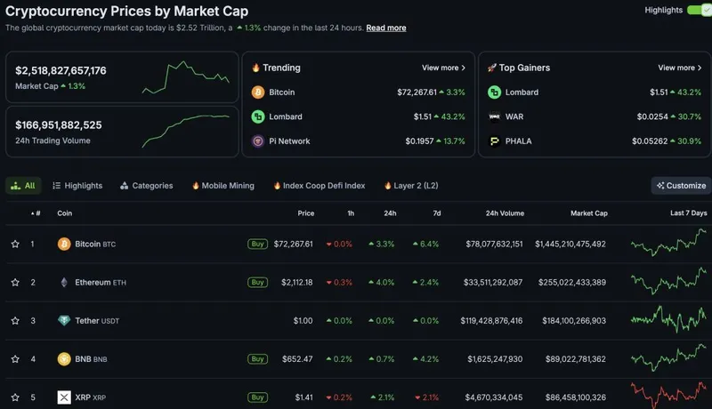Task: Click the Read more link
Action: pyautogui.click(x=386, y=28)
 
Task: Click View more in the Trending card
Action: pyautogui.click(x=443, y=68)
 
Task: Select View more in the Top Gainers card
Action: pyautogui.click(x=680, y=68)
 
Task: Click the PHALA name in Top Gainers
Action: pyautogui.click(x=519, y=141)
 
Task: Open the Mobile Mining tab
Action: pyautogui.click(x=222, y=186)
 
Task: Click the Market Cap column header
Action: pyautogui.click(x=589, y=213)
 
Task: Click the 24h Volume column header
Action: pyautogui.click(x=505, y=213)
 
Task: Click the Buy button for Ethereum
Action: pyautogui.click(x=257, y=283)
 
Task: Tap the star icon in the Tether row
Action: pyautogui.click(x=15, y=321)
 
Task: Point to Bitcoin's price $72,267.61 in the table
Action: pyautogui.click(x=293, y=244)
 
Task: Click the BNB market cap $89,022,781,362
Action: pyautogui.click(x=570, y=359)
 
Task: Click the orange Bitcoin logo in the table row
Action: pyautogui.click(x=64, y=244)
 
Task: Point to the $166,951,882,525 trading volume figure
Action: pyautogui.click(x=59, y=124)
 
